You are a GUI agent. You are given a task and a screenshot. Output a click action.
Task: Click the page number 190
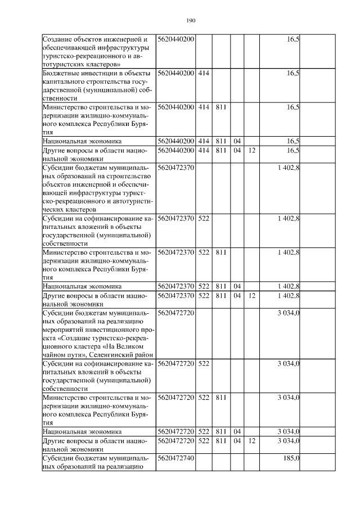click(190, 21)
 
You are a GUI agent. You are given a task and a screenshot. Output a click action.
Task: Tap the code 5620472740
click(176, 460)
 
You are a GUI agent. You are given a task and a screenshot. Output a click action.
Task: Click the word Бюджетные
click(62, 74)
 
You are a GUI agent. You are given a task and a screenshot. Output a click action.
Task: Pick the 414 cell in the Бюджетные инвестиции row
click(204, 74)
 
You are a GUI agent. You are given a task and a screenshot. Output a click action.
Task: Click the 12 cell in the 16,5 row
click(252, 151)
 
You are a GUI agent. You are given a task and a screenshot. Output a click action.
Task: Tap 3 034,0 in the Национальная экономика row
click(288, 431)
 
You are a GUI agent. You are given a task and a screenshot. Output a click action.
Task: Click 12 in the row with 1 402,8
click(252, 295)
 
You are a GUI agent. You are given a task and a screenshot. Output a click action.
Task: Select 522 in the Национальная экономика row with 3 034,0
click(204, 431)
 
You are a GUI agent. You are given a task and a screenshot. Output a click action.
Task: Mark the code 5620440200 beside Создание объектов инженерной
click(176, 39)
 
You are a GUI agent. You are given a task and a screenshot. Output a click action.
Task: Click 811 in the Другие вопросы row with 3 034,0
click(221, 442)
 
